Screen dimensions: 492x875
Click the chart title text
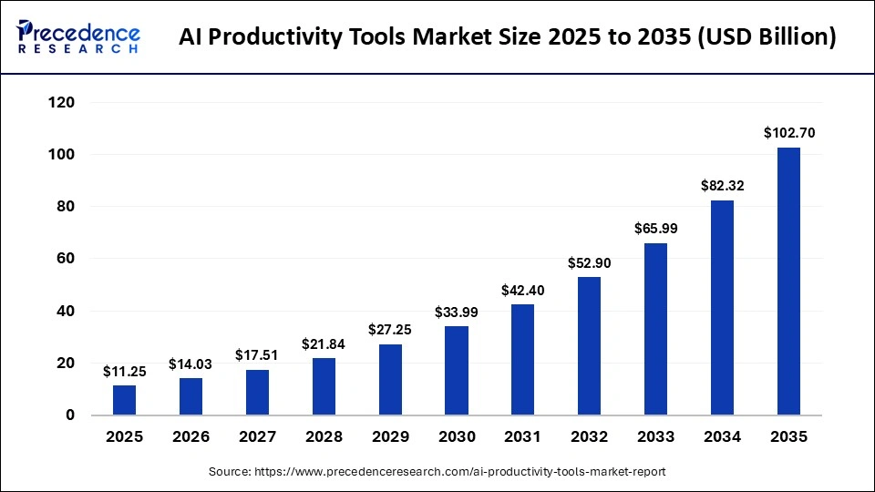[x=507, y=37]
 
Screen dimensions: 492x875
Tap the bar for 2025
[x=125, y=400]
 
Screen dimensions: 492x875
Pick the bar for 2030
[x=457, y=370]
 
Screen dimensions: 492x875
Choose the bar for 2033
[x=656, y=329]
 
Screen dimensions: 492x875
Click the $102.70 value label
[x=788, y=133]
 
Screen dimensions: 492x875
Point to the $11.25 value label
[x=125, y=371]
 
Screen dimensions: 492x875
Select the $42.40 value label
[x=523, y=291]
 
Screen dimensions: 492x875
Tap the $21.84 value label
[x=324, y=343]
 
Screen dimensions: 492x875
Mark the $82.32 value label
[x=722, y=186]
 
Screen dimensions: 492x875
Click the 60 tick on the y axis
[x=65, y=259]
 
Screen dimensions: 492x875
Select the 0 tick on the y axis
[x=69, y=415]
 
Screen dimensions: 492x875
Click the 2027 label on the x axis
[x=257, y=437]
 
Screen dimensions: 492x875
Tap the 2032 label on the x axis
[x=590, y=437]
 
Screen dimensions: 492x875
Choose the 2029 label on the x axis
[x=390, y=437]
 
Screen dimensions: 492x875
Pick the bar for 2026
[x=191, y=396]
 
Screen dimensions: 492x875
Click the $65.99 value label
[x=656, y=229]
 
